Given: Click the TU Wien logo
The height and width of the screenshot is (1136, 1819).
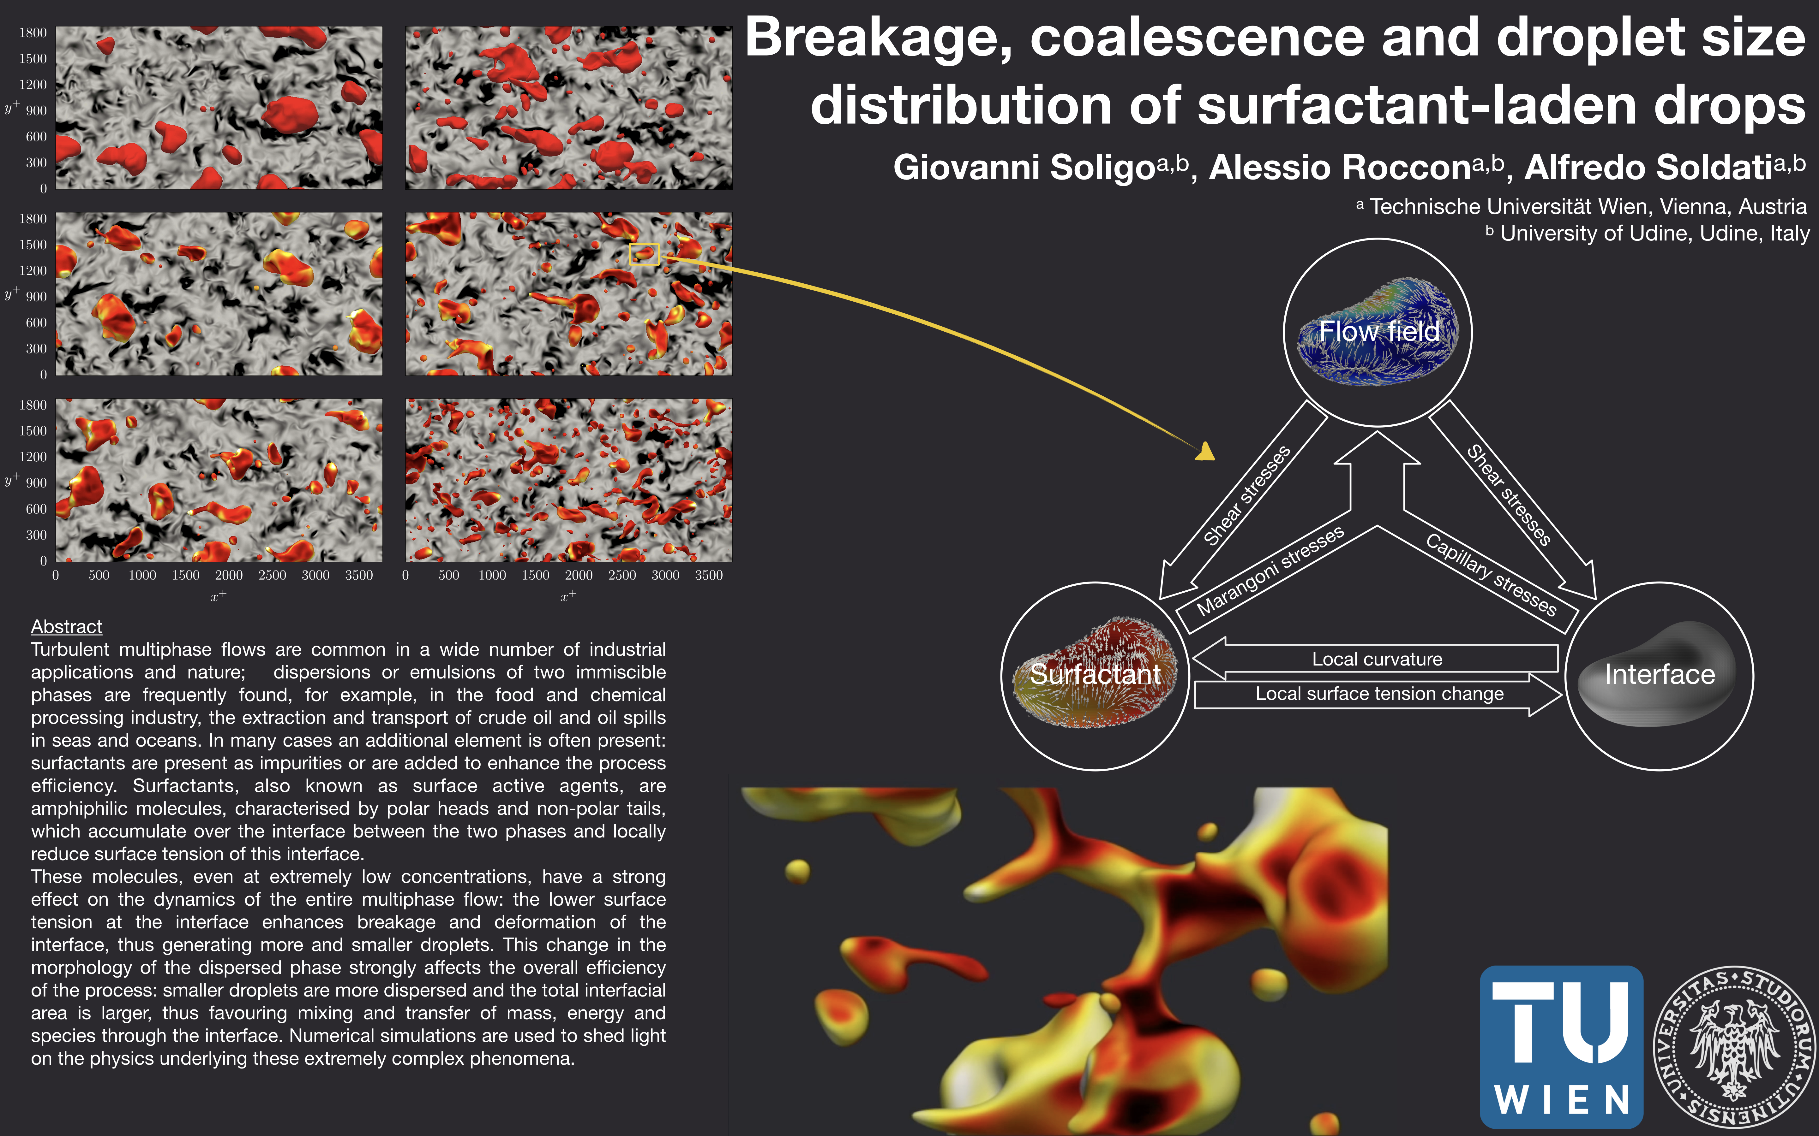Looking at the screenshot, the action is tap(1561, 1047).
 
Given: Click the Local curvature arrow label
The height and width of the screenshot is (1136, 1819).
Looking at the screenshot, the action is tap(1377, 659).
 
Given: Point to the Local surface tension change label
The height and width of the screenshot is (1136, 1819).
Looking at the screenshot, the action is tap(1379, 694).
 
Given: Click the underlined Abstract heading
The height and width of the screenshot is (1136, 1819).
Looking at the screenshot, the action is tap(66, 627).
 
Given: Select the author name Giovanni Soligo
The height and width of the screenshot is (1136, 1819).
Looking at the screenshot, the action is tap(1024, 168).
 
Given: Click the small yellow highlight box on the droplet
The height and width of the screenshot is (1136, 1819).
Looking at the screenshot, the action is tap(644, 254).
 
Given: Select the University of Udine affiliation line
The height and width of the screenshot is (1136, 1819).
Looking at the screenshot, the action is tap(1648, 233).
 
